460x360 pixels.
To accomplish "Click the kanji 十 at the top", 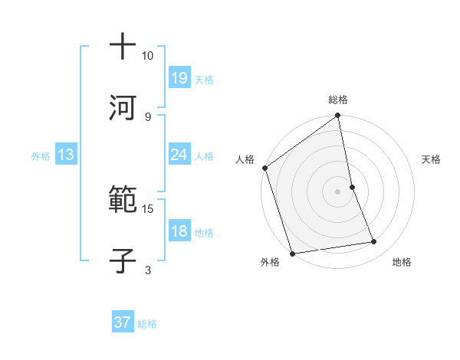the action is pyautogui.click(x=123, y=47).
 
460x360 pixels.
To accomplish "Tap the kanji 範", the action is pyautogui.click(x=123, y=201).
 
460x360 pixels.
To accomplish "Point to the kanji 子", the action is pyautogui.click(x=123, y=260).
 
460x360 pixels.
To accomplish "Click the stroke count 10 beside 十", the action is pyautogui.click(x=147, y=56).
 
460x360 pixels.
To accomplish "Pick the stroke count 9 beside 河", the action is pyautogui.click(x=147, y=116).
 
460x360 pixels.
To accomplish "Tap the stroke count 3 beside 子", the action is pyautogui.click(x=147, y=269).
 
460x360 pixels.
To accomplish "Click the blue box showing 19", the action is pyautogui.click(x=179, y=77).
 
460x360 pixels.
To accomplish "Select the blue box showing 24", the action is pyautogui.click(x=179, y=155).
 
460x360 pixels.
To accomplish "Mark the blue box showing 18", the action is pyautogui.click(x=179, y=231).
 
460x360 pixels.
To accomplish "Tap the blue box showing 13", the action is pyautogui.click(x=66, y=155).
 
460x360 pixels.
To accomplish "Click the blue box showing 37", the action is pyautogui.click(x=123, y=322).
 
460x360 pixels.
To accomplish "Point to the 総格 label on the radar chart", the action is pyautogui.click(x=338, y=100).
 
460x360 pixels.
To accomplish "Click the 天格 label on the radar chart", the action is pyautogui.click(x=431, y=159).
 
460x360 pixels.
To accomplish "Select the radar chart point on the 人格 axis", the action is pyautogui.click(x=264, y=168).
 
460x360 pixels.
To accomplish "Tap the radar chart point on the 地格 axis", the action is pyautogui.click(x=374, y=242).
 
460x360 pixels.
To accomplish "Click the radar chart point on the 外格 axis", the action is pyautogui.click(x=292, y=253).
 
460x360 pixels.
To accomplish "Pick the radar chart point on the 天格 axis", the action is pyautogui.click(x=352, y=187).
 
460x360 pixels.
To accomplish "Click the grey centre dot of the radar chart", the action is pyautogui.click(x=338, y=191).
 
